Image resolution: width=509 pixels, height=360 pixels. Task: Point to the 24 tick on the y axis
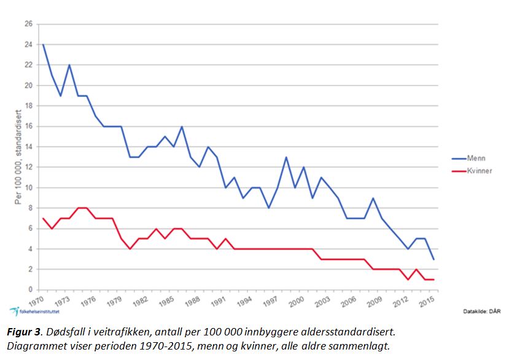click(28, 44)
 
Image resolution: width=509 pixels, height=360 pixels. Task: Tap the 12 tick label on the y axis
click(28, 167)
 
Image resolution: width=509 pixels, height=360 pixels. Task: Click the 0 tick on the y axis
click(30, 290)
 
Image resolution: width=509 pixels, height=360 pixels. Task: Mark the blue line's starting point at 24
click(42, 44)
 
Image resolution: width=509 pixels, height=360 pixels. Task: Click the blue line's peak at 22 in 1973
click(69, 65)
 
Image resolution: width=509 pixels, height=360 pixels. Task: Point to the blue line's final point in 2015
click(434, 259)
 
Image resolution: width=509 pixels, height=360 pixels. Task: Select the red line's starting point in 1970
click(42, 218)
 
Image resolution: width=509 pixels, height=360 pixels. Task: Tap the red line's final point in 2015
click(434, 280)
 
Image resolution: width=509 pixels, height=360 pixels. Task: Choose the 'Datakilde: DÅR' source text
click(481, 311)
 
